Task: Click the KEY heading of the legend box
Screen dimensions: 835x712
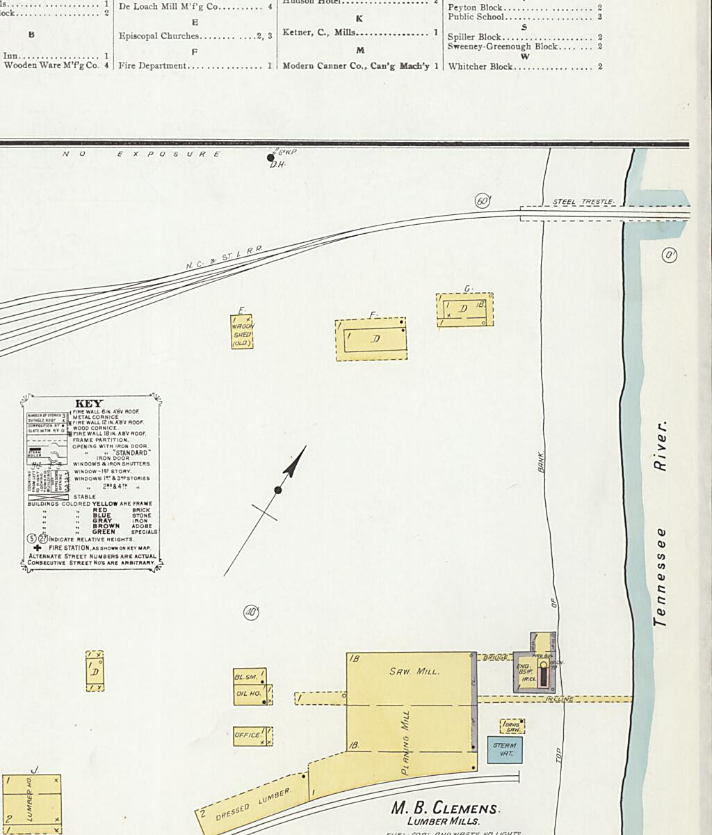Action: (x=88, y=404)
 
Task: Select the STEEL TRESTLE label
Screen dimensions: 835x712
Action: (x=583, y=202)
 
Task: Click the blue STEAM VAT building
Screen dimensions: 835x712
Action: (x=504, y=749)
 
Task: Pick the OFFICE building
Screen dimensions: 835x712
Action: (x=248, y=735)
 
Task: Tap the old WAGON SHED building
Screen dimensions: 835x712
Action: (x=242, y=333)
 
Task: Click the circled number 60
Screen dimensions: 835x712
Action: (x=482, y=201)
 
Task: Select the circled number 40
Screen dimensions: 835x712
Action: (x=251, y=612)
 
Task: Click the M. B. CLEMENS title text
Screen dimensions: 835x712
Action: (x=445, y=809)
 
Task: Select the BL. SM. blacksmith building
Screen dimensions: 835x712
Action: (x=246, y=677)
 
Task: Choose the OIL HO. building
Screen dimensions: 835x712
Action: (x=248, y=694)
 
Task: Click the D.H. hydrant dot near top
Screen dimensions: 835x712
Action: (x=271, y=158)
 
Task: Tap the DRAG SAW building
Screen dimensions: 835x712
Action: (x=512, y=727)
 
